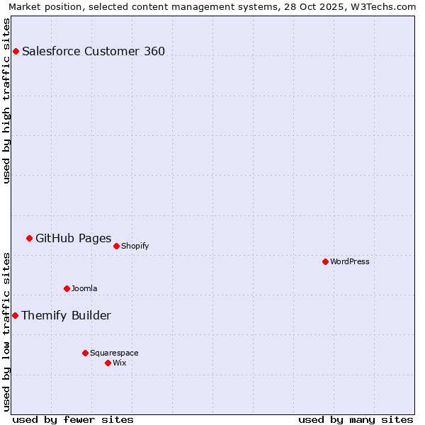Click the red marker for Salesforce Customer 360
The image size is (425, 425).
pos(16,51)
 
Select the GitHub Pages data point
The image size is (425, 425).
pos(29,238)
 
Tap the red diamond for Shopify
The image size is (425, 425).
pos(116,246)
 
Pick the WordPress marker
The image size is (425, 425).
pos(325,261)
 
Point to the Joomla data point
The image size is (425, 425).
pos(67,288)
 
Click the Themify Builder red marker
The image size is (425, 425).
pos(15,315)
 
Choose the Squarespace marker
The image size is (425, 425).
pos(85,353)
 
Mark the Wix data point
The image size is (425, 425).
pos(108,363)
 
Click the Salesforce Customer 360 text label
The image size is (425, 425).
pos(93,51)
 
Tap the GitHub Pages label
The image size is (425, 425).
pos(73,238)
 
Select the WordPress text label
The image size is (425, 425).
pos(350,261)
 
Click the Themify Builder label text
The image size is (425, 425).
pos(66,315)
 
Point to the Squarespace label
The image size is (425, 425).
pos(114,353)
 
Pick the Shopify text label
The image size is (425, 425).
pos(135,246)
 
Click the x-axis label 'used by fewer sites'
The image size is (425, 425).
pos(73,419)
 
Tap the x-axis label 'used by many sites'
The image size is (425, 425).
pos(356,419)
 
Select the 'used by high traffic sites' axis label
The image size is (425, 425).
pos(6,101)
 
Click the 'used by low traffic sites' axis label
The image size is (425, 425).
pos(6,331)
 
